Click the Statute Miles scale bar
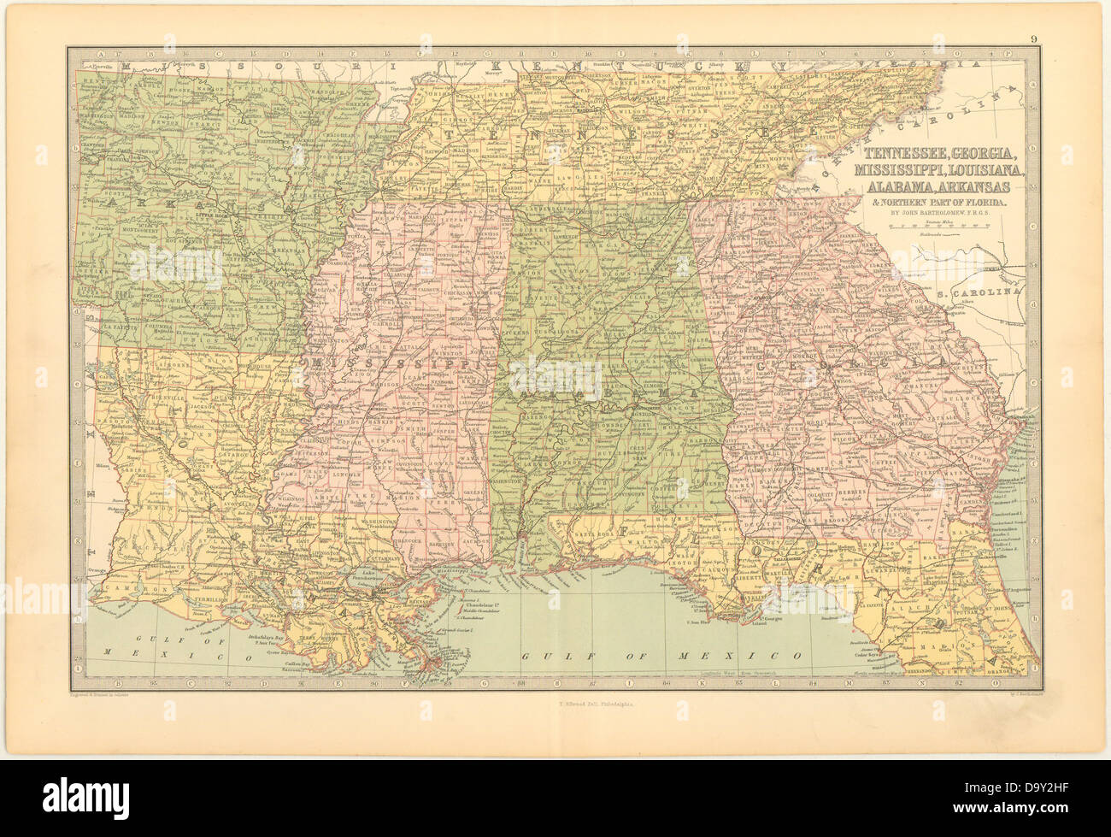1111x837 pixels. pos(938,227)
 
